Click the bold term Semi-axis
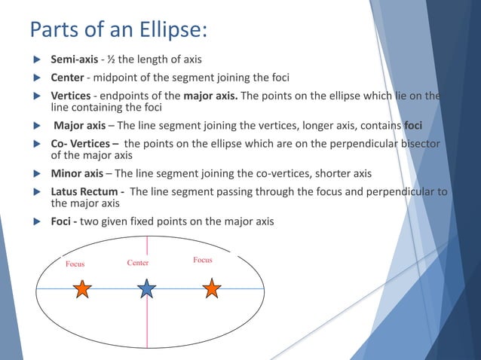(x=73, y=59)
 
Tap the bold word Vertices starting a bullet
(x=70, y=96)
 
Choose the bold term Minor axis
(x=77, y=173)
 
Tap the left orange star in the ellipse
(x=81, y=288)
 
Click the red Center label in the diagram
(x=138, y=263)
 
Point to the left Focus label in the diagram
(x=75, y=264)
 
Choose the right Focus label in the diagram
(x=203, y=260)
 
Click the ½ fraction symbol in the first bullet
(x=106, y=59)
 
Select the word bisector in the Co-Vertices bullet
(x=418, y=144)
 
